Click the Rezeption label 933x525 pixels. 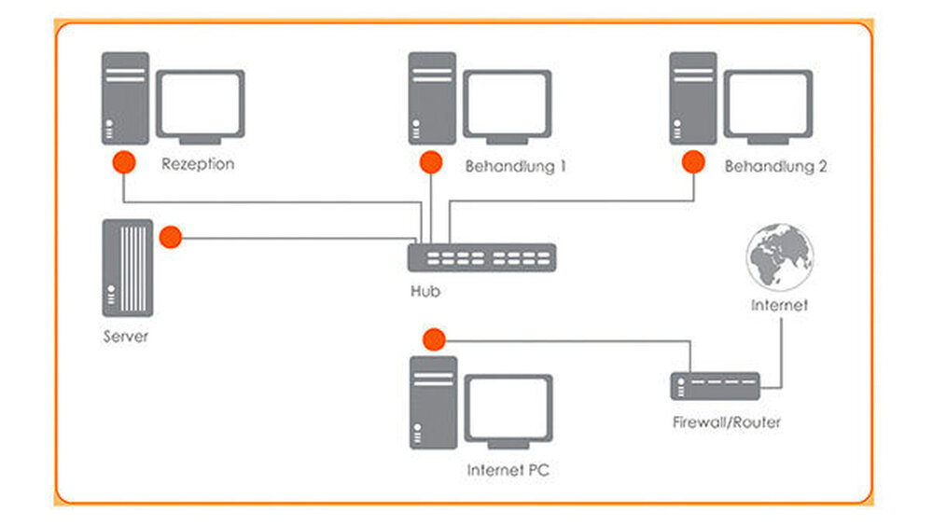[x=197, y=165]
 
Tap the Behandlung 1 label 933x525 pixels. [x=515, y=168]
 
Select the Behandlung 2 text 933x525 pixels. [x=775, y=168]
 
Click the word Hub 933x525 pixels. [x=425, y=292]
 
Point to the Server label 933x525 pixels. [x=125, y=336]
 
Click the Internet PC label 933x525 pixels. [x=508, y=471]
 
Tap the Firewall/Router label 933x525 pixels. [x=727, y=422]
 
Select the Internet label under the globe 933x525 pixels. [x=779, y=305]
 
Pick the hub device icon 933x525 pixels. [x=481, y=257]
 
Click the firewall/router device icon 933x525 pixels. [x=715, y=382]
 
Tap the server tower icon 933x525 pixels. [x=125, y=269]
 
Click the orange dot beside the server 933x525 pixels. [x=170, y=238]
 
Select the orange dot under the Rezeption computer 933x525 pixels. [x=123, y=163]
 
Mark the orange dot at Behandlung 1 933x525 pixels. [x=430, y=163]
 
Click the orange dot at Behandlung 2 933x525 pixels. [x=691, y=163]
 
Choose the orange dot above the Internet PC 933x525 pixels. [x=432, y=338]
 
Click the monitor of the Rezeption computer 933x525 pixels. [x=200, y=104]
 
